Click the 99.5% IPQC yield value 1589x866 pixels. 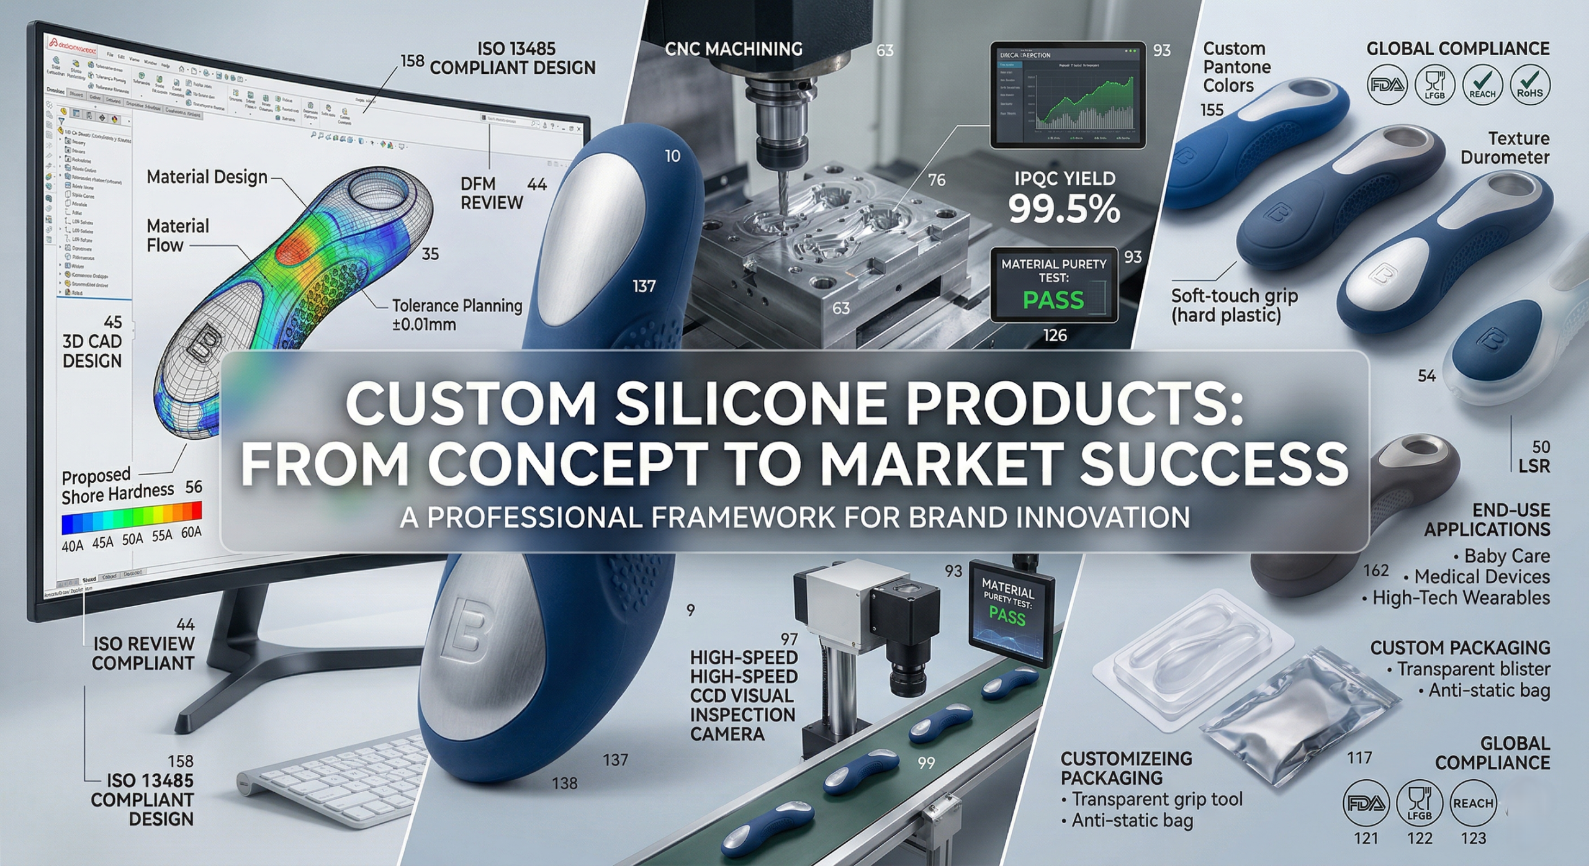(x=1064, y=210)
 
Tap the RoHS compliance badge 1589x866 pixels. (x=1529, y=84)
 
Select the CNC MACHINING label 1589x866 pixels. (x=733, y=49)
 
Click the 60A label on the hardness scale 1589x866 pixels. (x=191, y=533)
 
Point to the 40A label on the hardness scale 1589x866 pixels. (x=73, y=546)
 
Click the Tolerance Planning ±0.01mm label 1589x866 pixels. (x=457, y=315)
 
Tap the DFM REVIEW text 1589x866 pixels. (x=492, y=193)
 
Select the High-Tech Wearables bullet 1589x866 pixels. (x=1461, y=598)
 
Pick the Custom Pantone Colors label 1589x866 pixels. (x=1236, y=67)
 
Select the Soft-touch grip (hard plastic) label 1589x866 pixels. (x=1233, y=305)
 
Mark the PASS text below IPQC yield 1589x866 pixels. (x=1053, y=300)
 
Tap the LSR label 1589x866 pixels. (x=1534, y=466)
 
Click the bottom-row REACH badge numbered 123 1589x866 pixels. (x=1472, y=803)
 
